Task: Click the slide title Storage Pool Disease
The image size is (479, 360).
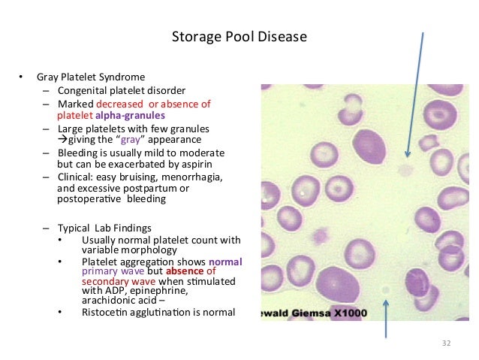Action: click(x=239, y=37)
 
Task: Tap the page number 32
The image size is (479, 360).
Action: click(x=447, y=343)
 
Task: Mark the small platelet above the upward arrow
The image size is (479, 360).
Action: click(x=385, y=289)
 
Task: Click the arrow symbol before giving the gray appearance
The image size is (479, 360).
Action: click(x=62, y=140)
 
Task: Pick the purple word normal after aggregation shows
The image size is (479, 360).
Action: click(x=225, y=261)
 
